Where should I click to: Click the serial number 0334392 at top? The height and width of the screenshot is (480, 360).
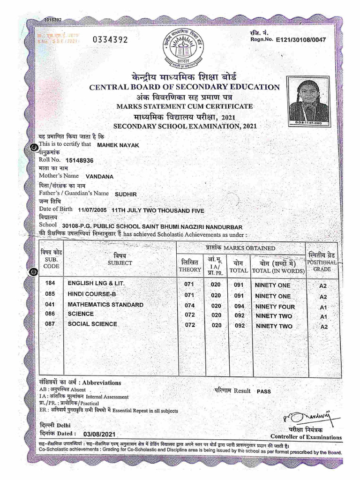[x=110, y=40]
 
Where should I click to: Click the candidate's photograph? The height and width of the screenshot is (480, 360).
[x=308, y=101]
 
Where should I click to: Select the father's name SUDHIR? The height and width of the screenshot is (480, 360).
[x=125, y=193]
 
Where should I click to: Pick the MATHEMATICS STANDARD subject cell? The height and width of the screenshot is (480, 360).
[x=105, y=305]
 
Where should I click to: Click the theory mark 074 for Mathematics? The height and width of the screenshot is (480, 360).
[x=189, y=306]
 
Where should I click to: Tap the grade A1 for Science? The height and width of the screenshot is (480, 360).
[x=322, y=317]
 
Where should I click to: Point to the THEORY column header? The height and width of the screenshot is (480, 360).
[x=189, y=270]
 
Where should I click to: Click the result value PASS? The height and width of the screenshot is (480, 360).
[x=263, y=391]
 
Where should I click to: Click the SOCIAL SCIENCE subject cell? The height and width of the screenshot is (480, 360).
[x=92, y=324]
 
